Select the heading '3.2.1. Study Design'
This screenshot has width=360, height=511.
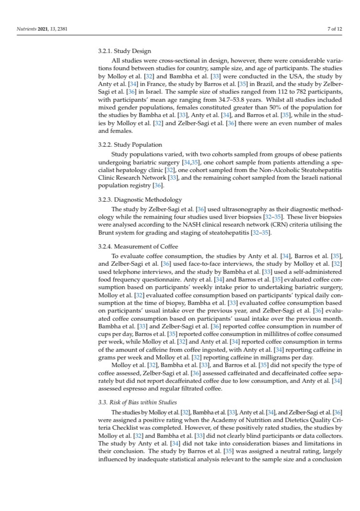click(x=124, y=51)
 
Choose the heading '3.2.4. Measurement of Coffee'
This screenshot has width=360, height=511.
click(x=138, y=246)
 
